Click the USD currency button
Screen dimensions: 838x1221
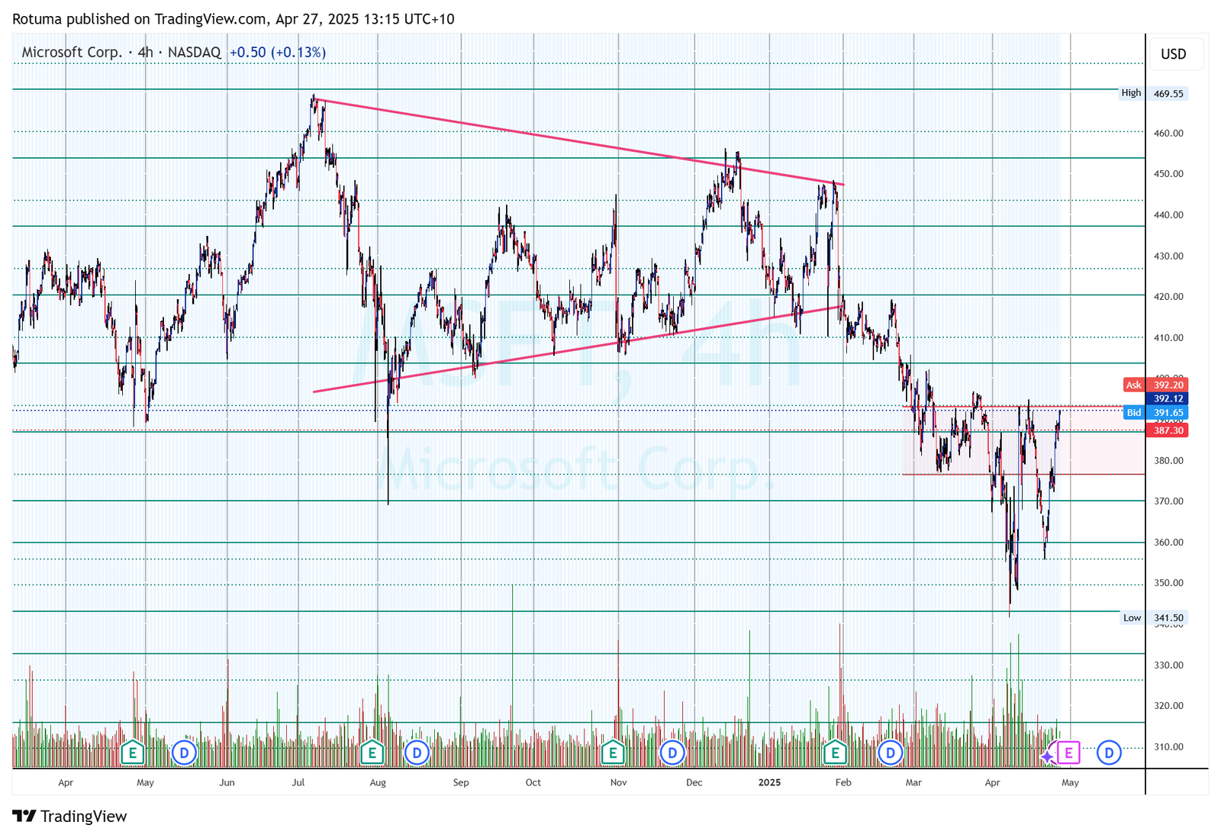[1173, 54]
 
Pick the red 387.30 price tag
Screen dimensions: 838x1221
[1168, 430]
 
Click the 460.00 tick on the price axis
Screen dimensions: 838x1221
[1168, 133]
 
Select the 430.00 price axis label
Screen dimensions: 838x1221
[1168, 256]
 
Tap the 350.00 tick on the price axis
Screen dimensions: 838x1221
[1168, 583]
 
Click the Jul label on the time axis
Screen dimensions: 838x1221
[298, 782]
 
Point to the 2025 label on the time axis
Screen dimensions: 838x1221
[769, 782]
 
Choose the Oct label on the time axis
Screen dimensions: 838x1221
[533, 782]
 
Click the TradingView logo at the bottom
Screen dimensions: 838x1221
[70, 817]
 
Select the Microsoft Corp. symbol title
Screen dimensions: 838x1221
[72, 52]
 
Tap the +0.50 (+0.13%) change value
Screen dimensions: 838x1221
[278, 52]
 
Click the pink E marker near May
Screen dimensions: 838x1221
[1068, 753]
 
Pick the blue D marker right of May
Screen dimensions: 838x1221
[1109, 753]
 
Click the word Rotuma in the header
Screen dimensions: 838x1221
[37, 19]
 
